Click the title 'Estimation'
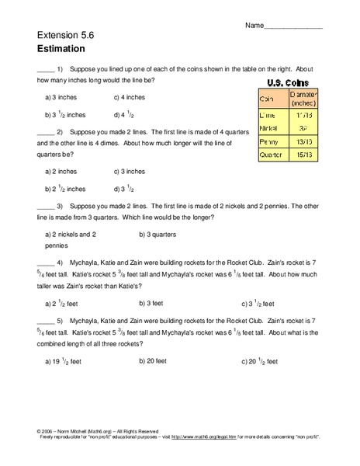coord(59,47)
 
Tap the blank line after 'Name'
coord(293,26)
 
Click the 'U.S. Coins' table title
coord(288,82)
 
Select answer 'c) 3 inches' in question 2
coord(129,171)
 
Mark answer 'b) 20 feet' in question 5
coord(155,360)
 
